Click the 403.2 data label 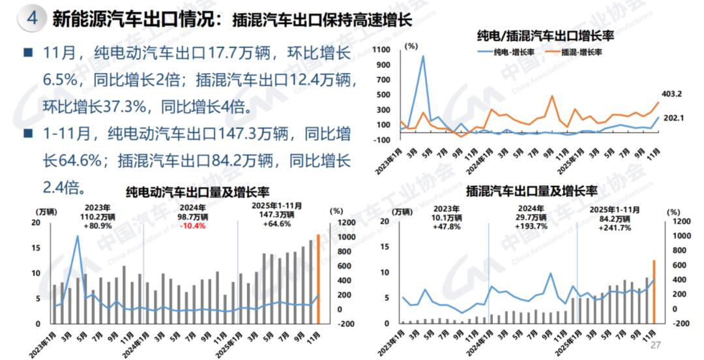(669, 94)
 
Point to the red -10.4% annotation (192, 226)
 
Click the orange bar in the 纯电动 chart (318, 278)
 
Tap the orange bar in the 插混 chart (654, 291)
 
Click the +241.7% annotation (615, 228)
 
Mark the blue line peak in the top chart (423, 55)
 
